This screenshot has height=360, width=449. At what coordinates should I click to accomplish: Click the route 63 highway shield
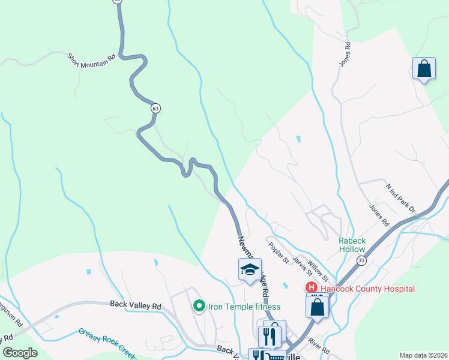(155, 109)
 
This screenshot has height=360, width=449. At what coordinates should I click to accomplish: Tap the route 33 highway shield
(361, 260)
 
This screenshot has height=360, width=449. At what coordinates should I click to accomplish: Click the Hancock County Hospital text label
(367, 289)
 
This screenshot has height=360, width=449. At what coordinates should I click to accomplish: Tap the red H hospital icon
(312, 289)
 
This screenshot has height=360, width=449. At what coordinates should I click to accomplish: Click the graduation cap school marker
(250, 270)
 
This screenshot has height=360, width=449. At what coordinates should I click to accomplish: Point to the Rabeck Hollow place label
(352, 245)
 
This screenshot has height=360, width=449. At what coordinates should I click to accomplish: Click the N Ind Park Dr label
(401, 198)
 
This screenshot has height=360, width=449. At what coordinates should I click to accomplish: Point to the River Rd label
(320, 346)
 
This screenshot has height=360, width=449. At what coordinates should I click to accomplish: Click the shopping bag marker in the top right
(424, 69)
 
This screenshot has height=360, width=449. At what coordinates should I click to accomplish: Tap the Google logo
(20, 353)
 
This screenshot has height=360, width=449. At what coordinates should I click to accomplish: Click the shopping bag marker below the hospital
(318, 307)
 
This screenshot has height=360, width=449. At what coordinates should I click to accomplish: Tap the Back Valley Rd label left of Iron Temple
(136, 305)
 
